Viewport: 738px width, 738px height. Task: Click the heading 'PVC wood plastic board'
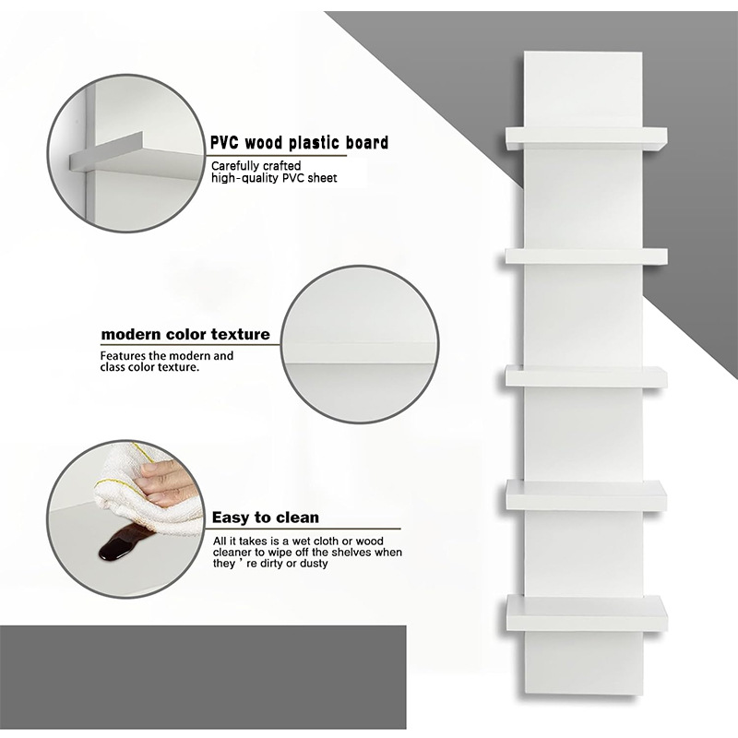(x=299, y=143)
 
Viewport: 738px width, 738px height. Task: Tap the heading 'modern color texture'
(x=185, y=335)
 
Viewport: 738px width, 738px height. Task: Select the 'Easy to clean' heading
(x=266, y=518)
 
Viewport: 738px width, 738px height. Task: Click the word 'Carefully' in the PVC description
(x=234, y=167)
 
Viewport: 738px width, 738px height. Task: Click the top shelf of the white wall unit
(x=587, y=137)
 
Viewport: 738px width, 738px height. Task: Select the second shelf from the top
(x=587, y=256)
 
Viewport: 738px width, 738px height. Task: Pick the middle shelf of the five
(x=587, y=377)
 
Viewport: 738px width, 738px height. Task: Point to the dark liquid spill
(x=122, y=544)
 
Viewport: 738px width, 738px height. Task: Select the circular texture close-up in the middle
(x=360, y=345)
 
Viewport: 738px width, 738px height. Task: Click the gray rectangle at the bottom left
(x=203, y=677)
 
